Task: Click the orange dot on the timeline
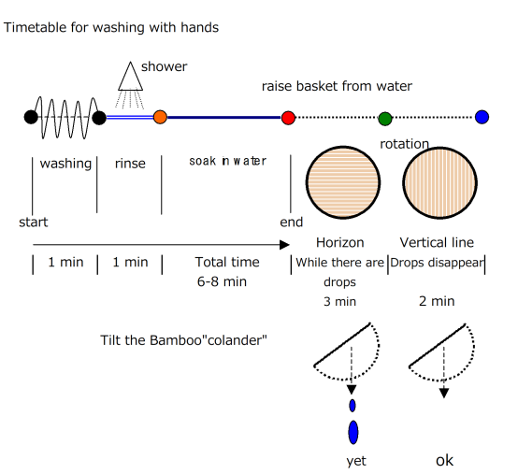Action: click(x=160, y=117)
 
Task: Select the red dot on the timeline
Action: click(x=288, y=118)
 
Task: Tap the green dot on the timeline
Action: click(x=385, y=118)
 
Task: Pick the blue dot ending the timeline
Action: click(x=482, y=117)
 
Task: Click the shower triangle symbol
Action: click(x=131, y=77)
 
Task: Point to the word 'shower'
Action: click(x=164, y=66)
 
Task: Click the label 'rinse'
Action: click(x=130, y=164)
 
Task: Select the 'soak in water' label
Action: click(x=227, y=161)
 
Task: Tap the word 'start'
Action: click(x=34, y=223)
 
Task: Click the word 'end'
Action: click(x=292, y=223)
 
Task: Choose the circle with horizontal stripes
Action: click(x=343, y=182)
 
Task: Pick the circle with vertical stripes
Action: click(x=439, y=182)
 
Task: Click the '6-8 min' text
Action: click(x=222, y=281)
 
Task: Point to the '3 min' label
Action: click(x=340, y=302)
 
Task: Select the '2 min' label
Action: click(x=437, y=301)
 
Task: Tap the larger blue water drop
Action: click(x=353, y=432)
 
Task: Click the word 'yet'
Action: click(x=356, y=461)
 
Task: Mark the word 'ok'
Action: click(x=445, y=461)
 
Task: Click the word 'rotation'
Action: click(x=404, y=144)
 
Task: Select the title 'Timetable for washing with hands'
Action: click(x=111, y=27)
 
